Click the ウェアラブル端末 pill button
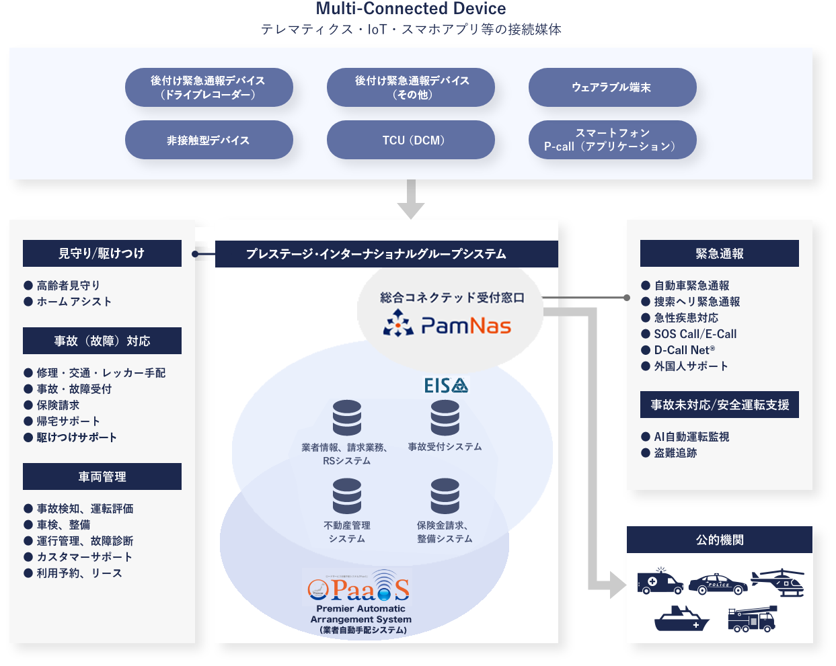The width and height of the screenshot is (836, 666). coord(612,87)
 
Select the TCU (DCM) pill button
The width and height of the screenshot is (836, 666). coord(410,140)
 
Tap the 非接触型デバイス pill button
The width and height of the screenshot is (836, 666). coord(208,140)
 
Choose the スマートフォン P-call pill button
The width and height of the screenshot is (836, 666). coord(612,140)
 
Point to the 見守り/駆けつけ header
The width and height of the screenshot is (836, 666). coord(102,253)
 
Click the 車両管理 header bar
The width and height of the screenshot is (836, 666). coord(102,476)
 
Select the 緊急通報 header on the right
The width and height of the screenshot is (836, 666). coord(719,253)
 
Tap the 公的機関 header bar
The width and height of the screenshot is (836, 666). coord(719,540)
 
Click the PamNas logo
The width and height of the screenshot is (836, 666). coord(448,325)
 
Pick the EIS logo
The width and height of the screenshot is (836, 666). coord(445,385)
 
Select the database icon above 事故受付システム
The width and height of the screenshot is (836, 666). coord(445,417)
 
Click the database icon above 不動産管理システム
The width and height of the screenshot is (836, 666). coord(347,496)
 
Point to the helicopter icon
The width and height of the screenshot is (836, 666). coord(779,582)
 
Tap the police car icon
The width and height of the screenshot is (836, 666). coord(718,583)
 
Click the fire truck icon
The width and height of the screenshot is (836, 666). coord(752,619)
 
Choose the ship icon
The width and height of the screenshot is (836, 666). coord(682,619)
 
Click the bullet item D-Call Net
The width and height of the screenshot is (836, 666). coord(684,350)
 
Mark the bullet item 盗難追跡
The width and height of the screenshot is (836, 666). coord(675,453)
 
